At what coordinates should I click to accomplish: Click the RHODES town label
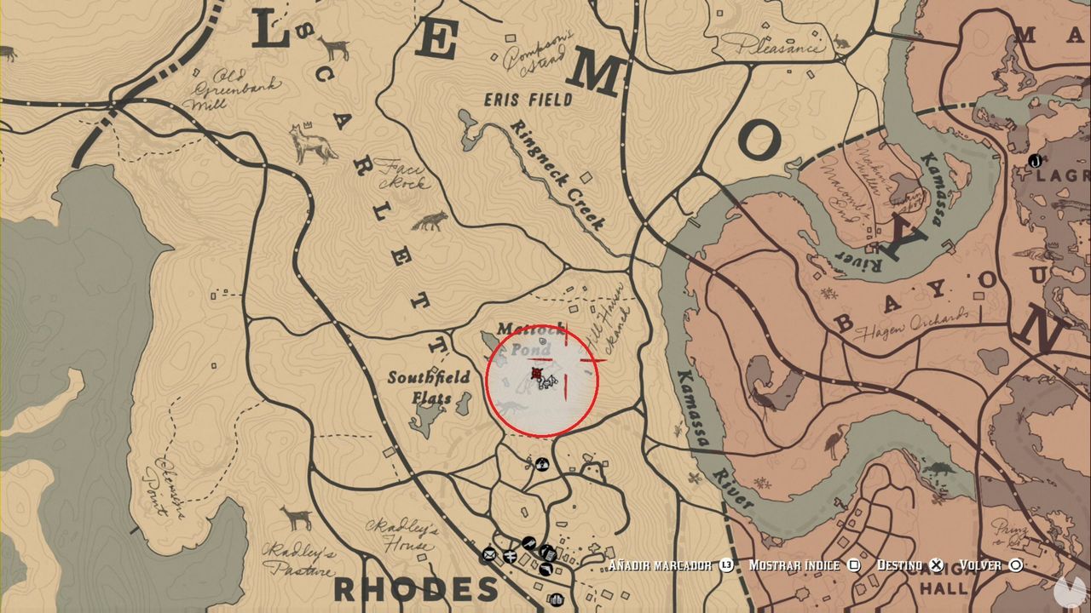(x=415, y=588)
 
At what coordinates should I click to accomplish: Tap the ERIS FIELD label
(x=528, y=100)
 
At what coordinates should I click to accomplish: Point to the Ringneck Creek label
(x=557, y=175)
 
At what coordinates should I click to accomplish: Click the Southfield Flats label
(x=429, y=387)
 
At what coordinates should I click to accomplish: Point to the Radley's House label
(x=401, y=535)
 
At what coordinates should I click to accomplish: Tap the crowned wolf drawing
(x=312, y=143)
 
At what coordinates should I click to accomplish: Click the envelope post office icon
(x=489, y=554)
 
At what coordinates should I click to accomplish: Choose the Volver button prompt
(x=990, y=564)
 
